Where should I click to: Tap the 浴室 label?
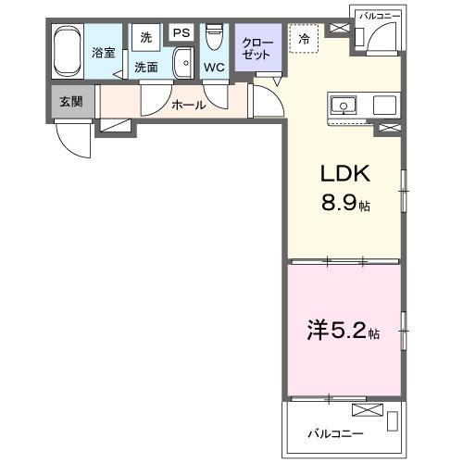tap(103, 53)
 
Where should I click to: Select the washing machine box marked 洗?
tap(145, 37)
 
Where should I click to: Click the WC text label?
tap(214, 68)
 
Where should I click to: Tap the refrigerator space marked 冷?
tap(303, 39)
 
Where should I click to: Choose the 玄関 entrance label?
tap(70, 101)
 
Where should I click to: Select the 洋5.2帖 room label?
tap(343, 331)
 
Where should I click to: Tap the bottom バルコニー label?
tap(335, 433)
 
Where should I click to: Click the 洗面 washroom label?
tap(146, 68)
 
